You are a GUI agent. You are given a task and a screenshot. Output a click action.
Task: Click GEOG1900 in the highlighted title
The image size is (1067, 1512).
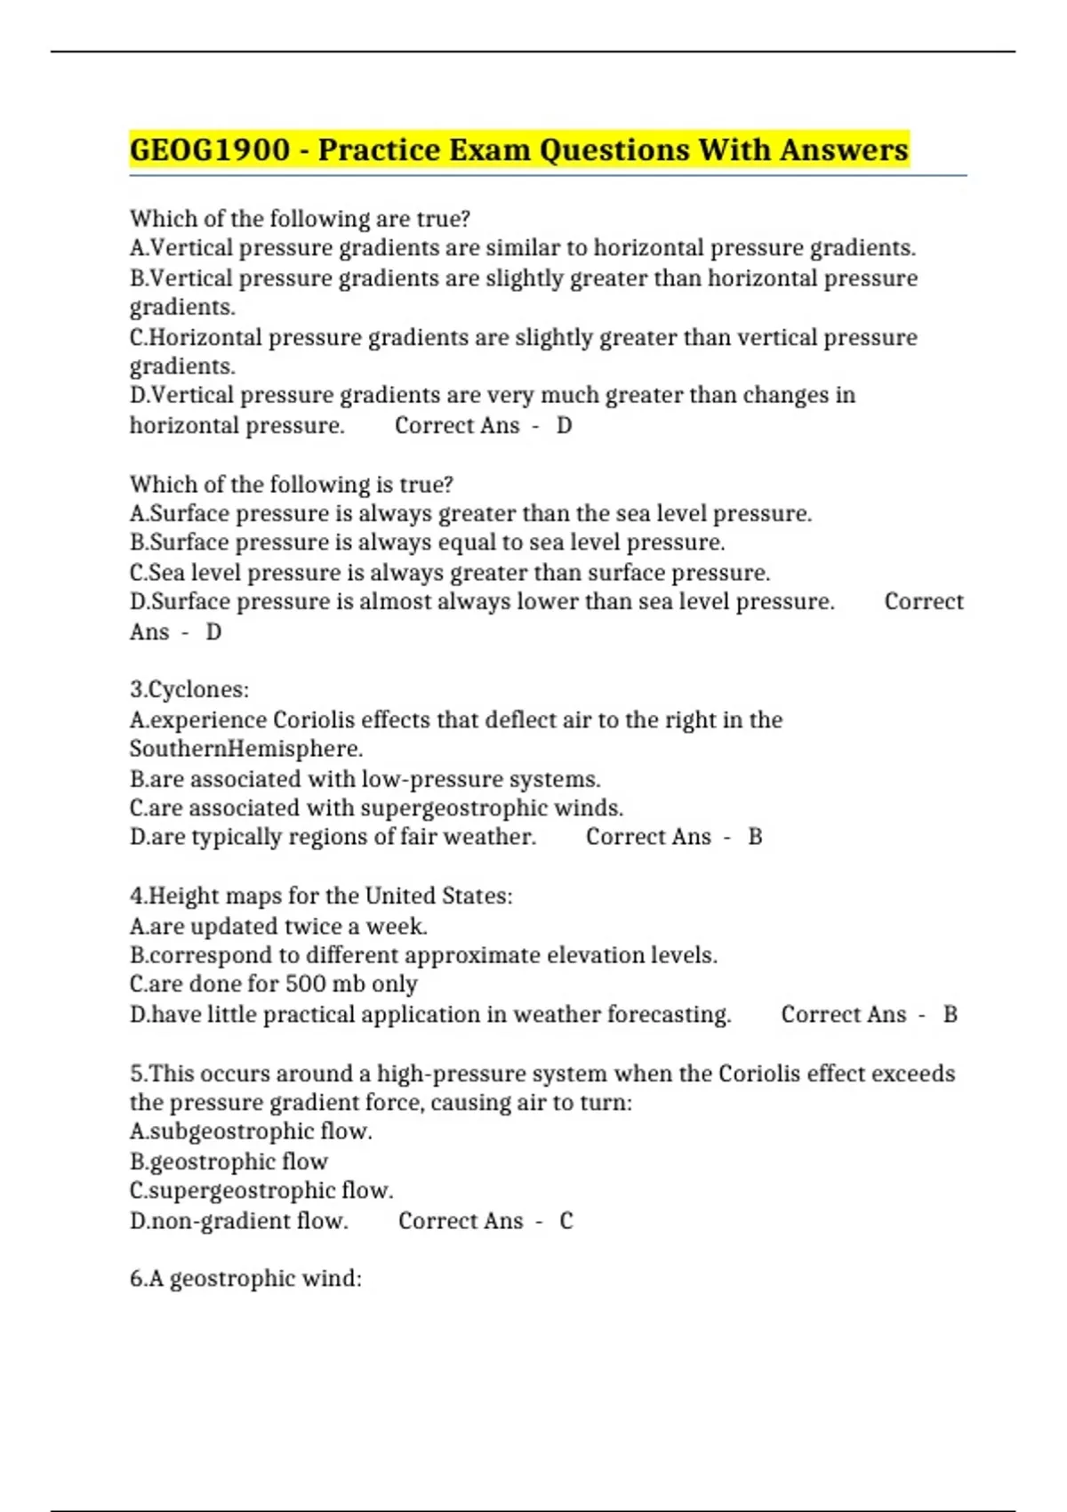(210, 149)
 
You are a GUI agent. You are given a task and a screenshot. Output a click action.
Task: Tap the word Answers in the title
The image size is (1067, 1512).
(844, 149)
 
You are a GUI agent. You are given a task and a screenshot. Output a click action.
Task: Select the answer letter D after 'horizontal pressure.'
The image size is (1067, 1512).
(564, 426)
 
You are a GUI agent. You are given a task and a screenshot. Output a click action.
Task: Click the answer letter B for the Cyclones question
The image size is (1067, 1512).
(755, 837)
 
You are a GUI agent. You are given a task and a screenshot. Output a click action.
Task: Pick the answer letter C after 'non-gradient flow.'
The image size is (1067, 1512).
(566, 1221)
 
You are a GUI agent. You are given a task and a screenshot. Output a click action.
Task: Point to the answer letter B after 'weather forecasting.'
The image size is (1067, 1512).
(950, 1015)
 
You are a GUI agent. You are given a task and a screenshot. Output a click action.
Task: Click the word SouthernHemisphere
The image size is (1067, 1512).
(245, 749)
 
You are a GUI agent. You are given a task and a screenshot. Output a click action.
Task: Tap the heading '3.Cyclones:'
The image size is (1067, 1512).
(189, 689)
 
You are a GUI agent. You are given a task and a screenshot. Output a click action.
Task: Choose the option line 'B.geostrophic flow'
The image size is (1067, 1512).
(229, 1162)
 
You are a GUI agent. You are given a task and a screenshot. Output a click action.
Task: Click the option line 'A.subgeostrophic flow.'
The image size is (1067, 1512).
(251, 1131)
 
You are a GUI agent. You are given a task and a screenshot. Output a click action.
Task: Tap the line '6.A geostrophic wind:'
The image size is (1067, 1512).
(245, 1279)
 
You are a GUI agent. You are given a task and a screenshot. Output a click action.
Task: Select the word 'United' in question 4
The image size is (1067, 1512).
(399, 896)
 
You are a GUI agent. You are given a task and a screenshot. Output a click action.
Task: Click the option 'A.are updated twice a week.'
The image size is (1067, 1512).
(278, 927)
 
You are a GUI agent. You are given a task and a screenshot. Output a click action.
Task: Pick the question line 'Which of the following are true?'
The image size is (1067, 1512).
(300, 219)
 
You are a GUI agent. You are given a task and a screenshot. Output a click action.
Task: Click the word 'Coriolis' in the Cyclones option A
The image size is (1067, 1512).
(314, 720)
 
